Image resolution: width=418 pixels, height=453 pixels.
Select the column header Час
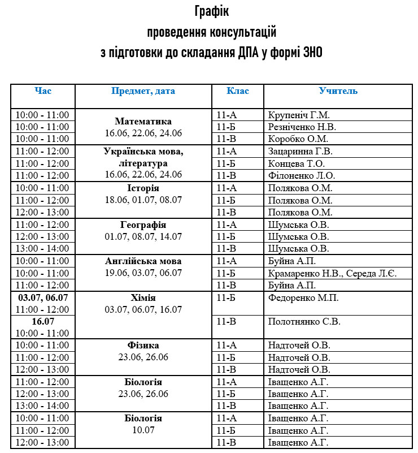point(43,91)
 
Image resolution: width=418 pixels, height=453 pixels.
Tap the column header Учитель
point(338,91)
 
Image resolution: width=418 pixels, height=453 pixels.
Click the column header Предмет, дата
point(143,91)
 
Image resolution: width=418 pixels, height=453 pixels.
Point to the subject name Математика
point(143,122)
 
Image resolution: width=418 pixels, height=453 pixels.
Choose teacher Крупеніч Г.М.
point(299,115)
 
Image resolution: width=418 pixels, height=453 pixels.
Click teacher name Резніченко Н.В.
point(302,127)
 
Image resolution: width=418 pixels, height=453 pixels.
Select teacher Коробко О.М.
point(298,139)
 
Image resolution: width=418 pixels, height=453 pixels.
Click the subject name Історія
point(143,188)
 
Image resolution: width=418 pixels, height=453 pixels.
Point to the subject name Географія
point(143,225)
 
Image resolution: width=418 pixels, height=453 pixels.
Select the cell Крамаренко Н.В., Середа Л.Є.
point(333,274)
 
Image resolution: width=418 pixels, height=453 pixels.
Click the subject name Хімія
point(143,298)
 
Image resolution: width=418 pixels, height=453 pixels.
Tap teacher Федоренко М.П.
point(303,298)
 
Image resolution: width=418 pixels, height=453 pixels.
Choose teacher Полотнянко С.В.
point(303,322)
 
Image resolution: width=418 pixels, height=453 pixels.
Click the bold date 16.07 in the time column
point(43,322)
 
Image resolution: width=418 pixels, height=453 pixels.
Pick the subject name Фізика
point(143,346)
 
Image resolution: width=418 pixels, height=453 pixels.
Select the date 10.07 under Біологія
point(143,430)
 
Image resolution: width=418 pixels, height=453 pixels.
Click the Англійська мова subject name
point(143,261)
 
